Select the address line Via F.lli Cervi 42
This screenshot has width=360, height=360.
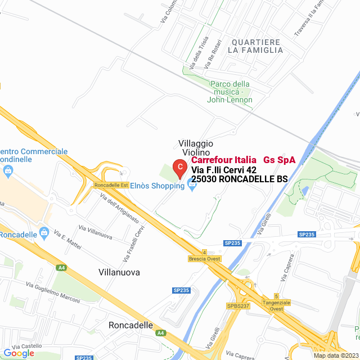[224, 169]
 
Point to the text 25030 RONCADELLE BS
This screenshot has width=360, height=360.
[240, 179]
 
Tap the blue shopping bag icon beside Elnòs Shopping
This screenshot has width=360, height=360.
[192, 186]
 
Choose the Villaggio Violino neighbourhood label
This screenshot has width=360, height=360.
[196, 148]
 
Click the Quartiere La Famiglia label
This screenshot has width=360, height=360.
[256, 46]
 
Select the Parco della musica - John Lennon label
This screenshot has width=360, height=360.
[230, 92]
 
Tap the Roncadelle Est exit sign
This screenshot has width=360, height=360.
[112, 185]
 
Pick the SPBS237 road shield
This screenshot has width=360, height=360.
[238, 305]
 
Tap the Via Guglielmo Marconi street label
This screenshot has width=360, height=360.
[53, 292]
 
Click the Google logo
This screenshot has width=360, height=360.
[19, 353]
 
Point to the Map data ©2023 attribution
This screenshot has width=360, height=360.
[335, 355]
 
